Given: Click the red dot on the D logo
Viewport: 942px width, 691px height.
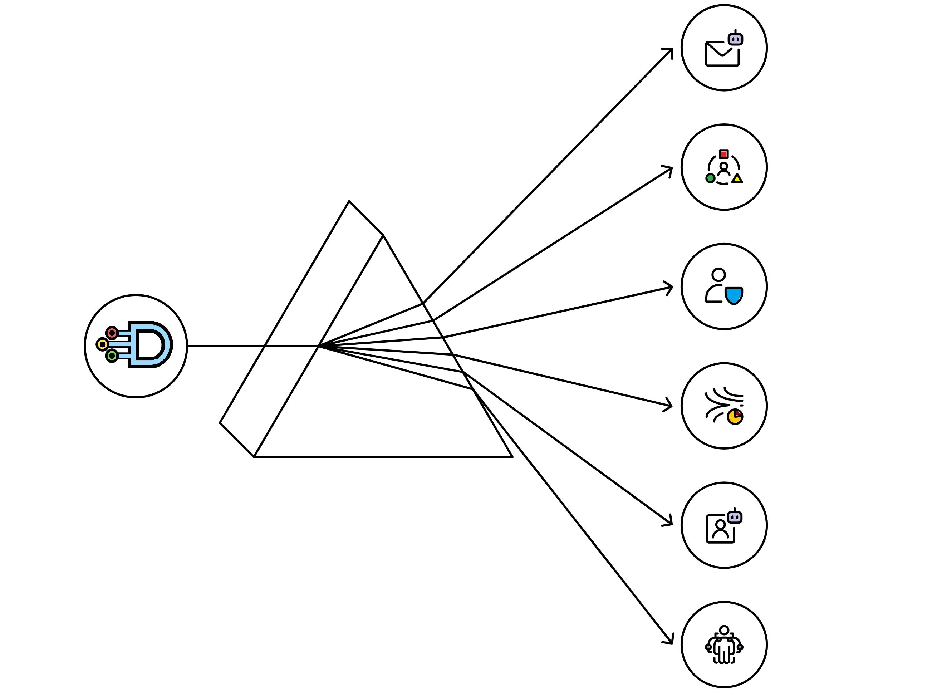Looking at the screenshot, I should pyautogui.click(x=112, y=333).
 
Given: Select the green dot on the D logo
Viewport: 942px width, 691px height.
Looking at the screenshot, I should pyautogui.click(x=112, y=356).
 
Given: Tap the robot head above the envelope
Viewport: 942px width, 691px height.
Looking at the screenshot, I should pyautogui.click(x=735, y=39).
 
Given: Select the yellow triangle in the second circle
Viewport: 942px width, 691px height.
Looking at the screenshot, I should pyautogui.click(x=737, y=179).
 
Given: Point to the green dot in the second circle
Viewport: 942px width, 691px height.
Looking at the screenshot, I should pyautogui.click(x=710, y=178).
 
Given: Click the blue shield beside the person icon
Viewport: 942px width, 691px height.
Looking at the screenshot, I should pyautogui.click(x=734, y=296).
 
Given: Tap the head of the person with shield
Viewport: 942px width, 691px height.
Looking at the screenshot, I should pyautogui.click(x=718, y=275).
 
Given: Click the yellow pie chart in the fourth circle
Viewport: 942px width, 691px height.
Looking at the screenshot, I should pyautogui.click(x=735, y=417).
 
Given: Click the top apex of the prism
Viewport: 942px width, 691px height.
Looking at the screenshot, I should pyautogui.click(x=349, y=201).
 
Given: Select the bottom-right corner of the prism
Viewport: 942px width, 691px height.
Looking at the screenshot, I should pyautogui.click(x=512, y=457).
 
